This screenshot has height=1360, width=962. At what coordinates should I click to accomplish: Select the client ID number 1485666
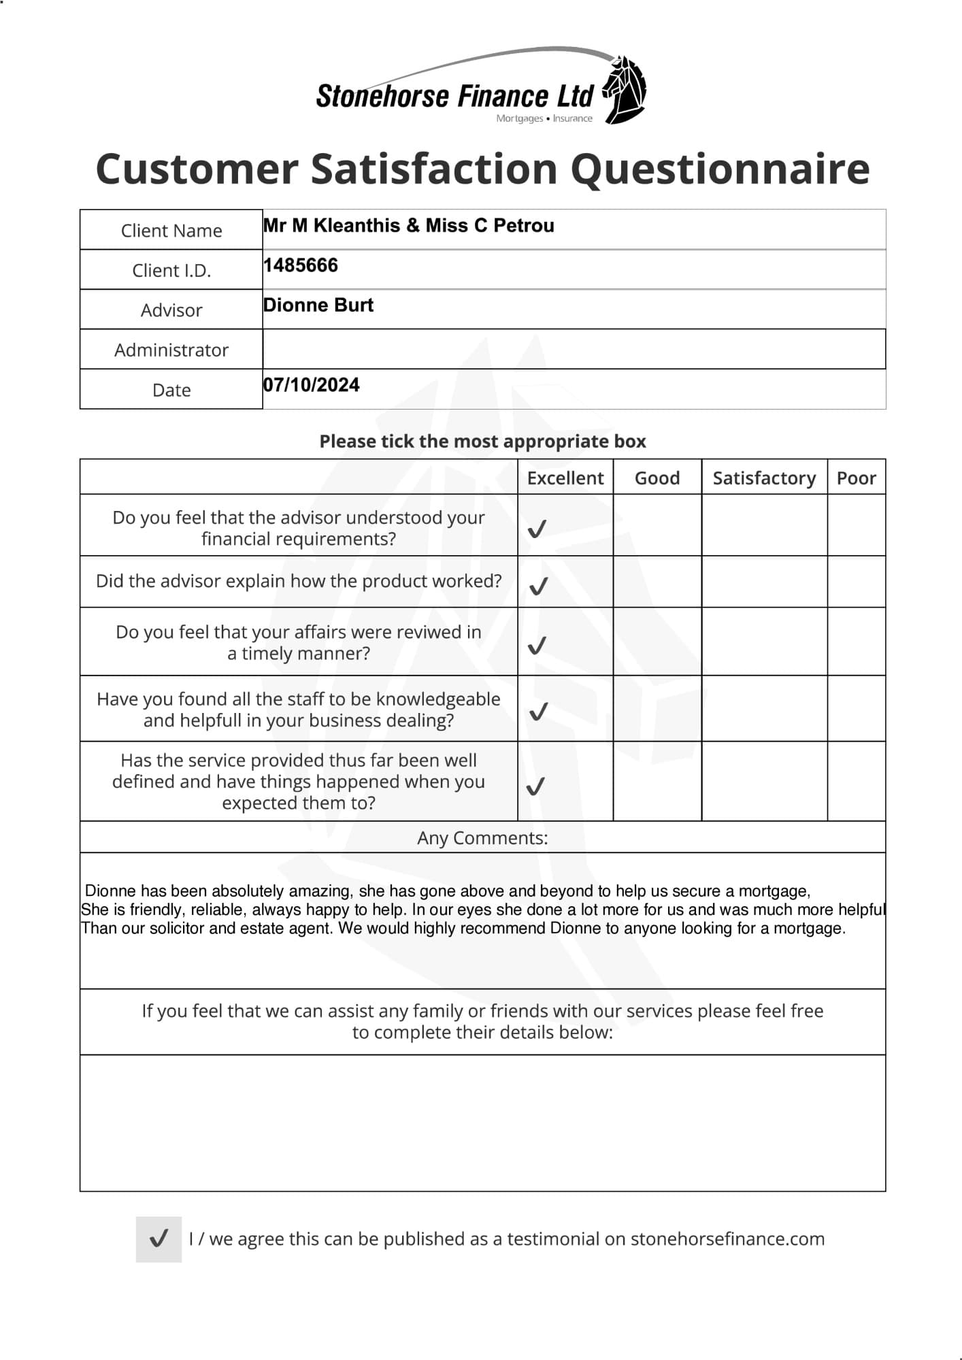(301, 265)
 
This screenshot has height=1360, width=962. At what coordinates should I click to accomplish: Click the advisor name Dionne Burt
(318, 305)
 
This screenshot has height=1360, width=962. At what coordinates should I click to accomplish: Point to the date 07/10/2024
(312, 385)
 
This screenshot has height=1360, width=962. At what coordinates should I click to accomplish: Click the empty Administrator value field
(574, 349)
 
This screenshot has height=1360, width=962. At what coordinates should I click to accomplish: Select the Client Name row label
(171, 231)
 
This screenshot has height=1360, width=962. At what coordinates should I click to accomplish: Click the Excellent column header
(565, 478)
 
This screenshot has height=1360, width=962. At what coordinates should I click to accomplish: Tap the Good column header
(657, 478)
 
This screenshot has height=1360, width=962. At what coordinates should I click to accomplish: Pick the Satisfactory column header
(764, 478)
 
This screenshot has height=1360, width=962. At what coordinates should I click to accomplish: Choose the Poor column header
(856, 478)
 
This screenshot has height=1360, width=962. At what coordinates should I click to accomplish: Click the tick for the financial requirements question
(537, 529)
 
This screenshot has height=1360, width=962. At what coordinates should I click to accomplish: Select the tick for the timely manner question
(537, 645)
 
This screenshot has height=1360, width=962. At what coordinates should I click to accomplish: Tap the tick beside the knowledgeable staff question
(538, 712)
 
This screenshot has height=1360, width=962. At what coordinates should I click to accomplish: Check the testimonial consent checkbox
(159, 1239)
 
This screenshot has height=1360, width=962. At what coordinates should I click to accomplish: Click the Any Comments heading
(482, 837)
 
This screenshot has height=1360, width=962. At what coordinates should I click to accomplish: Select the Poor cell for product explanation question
(856, 582)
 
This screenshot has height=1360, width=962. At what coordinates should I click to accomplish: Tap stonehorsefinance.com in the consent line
(727, 1239)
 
